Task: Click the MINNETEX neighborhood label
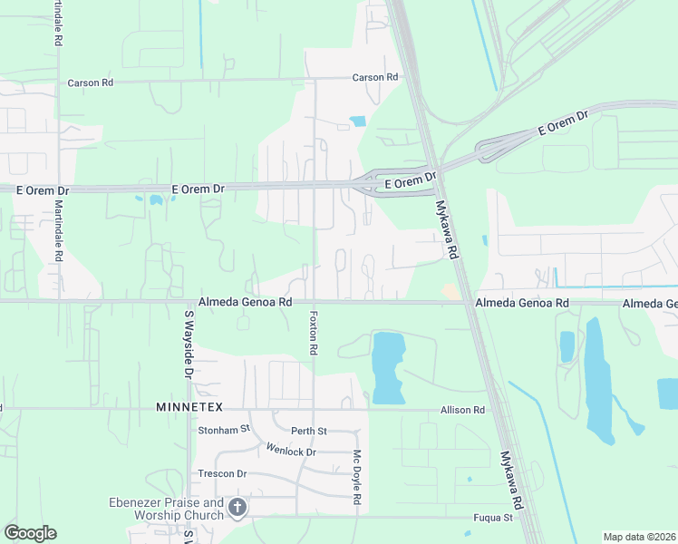pos(189,407)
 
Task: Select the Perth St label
pos(308,431)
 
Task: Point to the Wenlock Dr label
pos(291,451)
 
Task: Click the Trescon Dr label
pos(223,473)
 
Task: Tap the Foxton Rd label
pos(313,334)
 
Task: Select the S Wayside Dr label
pos(189,345)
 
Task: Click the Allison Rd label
pos(462,410)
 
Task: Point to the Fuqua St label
pos(495,518)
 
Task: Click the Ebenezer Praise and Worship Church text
pos(166,509)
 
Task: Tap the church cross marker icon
pos(237,508)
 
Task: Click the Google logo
pos(30,533)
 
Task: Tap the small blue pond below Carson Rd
pos(357,121)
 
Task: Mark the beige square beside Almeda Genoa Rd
pos(450,292)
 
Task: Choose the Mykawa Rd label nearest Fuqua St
pos(511,479)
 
